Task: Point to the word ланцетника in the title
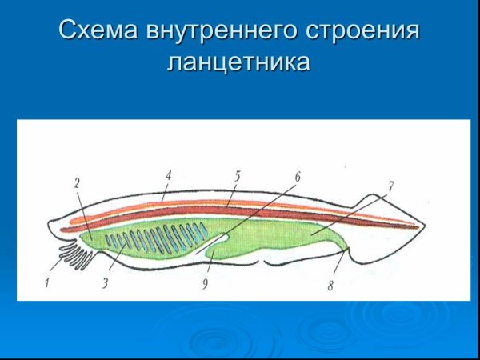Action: pyautogui.click(x=238, y=62)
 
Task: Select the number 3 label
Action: pyautogui.click(x=105, y=282)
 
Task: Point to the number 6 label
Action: pyautogui.click(x=297, y=174)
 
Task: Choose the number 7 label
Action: pyautogui.click(x=390, y=186)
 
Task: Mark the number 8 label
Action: pyautogui.click(x=330, y=286)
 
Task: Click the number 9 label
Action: pyautogui.click(x=206, y=284)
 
